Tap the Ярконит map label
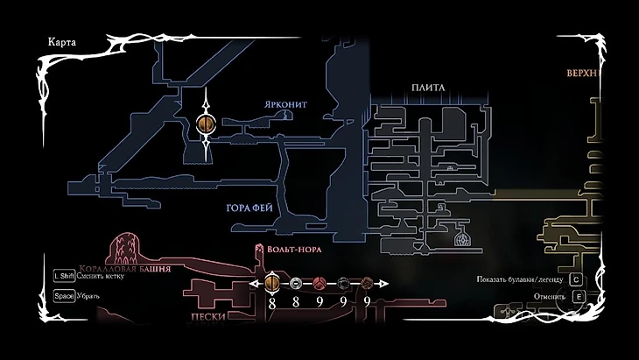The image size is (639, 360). pyautogui.click(x=285, y=103)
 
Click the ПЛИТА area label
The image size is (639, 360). pyautogui.click(x=429, y=88)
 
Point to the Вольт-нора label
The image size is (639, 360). pyautogui.click(x=292, y=249)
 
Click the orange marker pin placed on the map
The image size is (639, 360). pyautogui.click(x=207, y=125)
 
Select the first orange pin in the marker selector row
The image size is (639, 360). pyautogui.click(x=272, y=283)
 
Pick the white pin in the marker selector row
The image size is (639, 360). pyautogui.click(x=296, y=283)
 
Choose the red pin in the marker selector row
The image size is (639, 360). pyautogui.click(x=319, y=283)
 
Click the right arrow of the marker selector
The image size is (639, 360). pyautogui.click(x=383, y=283)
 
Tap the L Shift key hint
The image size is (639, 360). pyautogui.click(x=62, y=275)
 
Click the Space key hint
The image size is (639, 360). pyautogui.click(x=63, y=295)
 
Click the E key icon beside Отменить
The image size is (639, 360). pyautogui.click(x=578, y=296)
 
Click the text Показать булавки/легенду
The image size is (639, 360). pyautogui.click(x=518, y=279)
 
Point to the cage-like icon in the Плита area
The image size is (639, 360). pyautogui.click(x=461, y=236)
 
